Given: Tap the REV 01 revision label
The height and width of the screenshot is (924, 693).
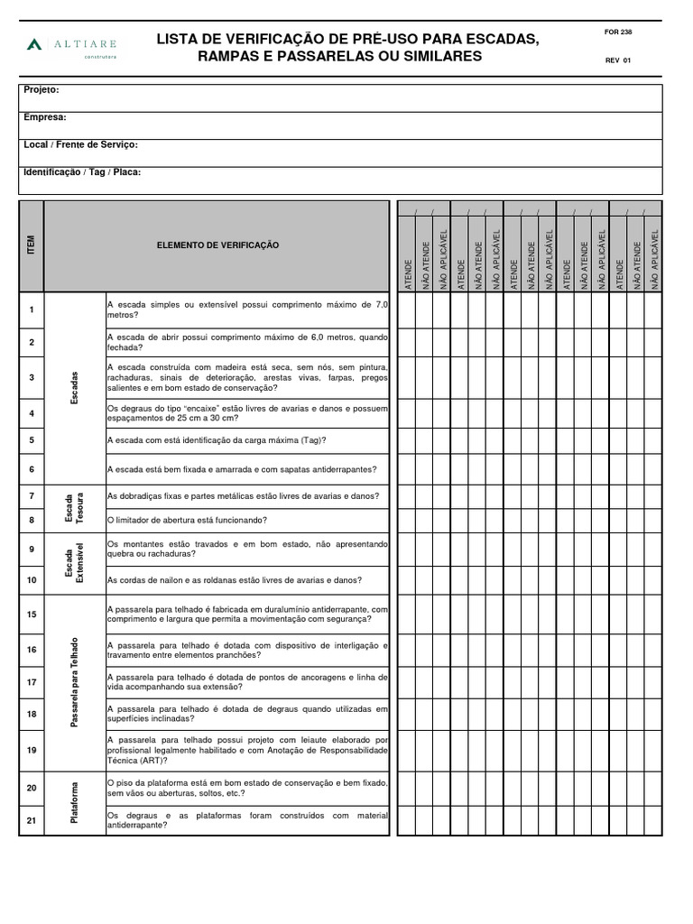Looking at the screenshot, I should click(x=618, y=61).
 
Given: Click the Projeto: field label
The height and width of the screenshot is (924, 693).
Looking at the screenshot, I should click(x=42, y=90).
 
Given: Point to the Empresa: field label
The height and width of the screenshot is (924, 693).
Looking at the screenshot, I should click(x=45, y=117).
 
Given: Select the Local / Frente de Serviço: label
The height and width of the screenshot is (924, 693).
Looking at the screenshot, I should click(x=80, y=144).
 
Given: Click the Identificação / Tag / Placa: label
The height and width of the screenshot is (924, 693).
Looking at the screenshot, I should click(x=82, y=171).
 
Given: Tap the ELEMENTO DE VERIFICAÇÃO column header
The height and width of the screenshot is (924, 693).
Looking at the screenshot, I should click(x=218, y=245).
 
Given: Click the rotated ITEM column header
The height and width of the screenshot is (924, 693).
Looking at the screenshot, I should click(x=32, y=245).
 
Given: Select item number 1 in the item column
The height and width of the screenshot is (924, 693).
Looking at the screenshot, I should click(x=32, y=310).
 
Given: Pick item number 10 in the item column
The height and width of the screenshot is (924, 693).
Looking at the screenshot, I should click(x=32, y=580).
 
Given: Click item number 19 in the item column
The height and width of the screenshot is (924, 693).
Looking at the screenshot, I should click(x=32, y=750).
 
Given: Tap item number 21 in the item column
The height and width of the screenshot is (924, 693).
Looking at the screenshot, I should click(x=32, y=819).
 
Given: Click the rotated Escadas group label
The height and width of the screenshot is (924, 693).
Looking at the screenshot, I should click(x=75, y=387).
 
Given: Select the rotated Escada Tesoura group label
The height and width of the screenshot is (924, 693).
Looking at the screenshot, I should click(x=75, y=509).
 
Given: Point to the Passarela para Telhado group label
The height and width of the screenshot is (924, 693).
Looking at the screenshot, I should click(x=75, y=683).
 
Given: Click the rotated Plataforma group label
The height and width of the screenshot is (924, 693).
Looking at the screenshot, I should click(x=75, y=803).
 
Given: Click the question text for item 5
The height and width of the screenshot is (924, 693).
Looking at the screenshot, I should click(x=217, y=440).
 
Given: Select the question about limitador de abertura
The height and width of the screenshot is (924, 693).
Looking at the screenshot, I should click(x=200, y=521).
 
